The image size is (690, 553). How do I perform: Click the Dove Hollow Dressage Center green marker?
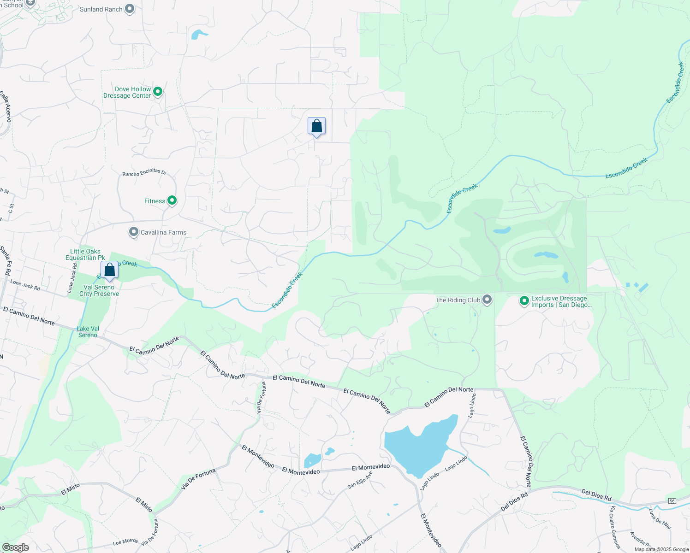158,92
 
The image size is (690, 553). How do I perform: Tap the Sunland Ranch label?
101,9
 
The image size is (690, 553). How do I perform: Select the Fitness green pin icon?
172,200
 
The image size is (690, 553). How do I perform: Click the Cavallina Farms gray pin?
134,232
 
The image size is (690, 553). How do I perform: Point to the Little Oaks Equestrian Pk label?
85,254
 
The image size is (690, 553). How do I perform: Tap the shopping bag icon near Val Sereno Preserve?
110,270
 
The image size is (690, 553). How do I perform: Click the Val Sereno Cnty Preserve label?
99,290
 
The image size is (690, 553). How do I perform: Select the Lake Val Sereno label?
88,332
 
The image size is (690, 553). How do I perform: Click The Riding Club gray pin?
487,300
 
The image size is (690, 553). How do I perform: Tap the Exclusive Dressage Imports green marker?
524,301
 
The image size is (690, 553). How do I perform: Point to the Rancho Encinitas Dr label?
144,172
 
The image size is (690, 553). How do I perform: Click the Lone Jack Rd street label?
25,286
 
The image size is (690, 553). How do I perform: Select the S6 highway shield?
672,501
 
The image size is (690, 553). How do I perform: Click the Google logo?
15,547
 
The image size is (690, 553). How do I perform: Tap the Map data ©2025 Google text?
661,549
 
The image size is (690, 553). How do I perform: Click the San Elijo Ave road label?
360,480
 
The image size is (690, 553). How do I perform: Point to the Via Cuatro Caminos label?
615,527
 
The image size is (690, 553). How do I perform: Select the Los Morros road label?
125,542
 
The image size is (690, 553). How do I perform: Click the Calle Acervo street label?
6,106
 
